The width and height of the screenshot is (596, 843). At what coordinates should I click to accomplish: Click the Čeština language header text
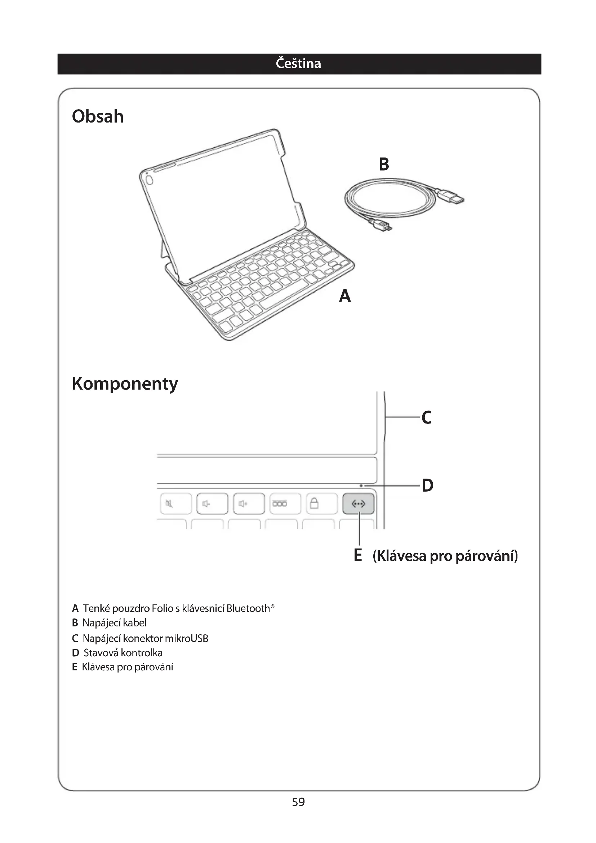click(x=298, y=63)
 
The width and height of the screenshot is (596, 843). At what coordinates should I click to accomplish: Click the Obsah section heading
click(x=98, y=116)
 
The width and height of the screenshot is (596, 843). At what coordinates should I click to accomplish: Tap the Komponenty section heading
click(x=125, y=384)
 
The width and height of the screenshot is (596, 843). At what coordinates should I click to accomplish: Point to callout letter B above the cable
click(x=384, y=164)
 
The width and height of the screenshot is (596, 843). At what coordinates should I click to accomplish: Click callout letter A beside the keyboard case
click(x=344, y=296)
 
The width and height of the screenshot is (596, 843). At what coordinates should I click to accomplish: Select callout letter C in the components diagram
click(x=426, y=417)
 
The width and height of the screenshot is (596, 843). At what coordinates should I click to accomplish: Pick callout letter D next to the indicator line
click(x=428, y=485)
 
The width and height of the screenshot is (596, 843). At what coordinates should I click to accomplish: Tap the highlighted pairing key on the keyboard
click(x=359, y=504)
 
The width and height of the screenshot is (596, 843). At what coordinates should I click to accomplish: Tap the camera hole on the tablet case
click(x=149, y=180)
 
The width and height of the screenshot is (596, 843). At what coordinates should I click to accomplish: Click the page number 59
click(x=298, y=802)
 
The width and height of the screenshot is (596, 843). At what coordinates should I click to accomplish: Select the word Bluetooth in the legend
click(x=248, y=608)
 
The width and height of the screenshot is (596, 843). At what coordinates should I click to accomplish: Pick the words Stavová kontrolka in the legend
click(x=123, y=652)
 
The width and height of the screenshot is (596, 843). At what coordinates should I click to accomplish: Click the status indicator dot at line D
click(x=361, y=486)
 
